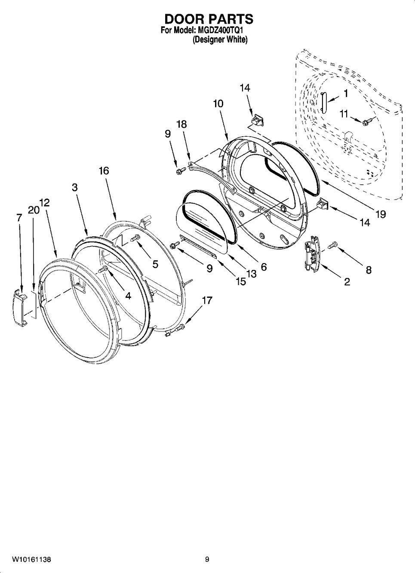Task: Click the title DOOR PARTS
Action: (209, 19)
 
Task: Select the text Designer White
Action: (220, 40)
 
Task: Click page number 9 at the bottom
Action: (207, 559)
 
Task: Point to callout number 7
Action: (18, 218)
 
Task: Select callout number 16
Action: (104, 171)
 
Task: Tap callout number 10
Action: (218, 104)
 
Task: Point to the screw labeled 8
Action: (333, 245)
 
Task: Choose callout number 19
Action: (380, 214)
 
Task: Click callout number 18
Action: (181, 124)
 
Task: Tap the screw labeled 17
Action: (179, 329)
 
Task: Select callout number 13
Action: (251, 274)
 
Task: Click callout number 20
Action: (33, 210)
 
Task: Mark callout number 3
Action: (74, 187)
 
